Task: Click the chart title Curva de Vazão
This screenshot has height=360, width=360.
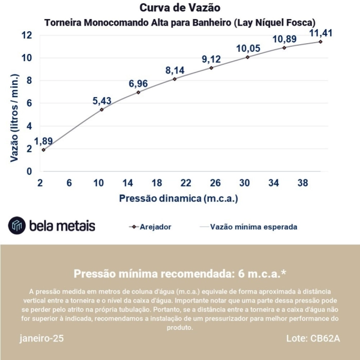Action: (179, 8)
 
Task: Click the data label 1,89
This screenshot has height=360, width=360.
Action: (43, 140)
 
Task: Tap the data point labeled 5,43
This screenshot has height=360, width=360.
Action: (102, 110)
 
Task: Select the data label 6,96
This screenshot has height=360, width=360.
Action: (138, 84)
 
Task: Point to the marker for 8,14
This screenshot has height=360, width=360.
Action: (175, 79)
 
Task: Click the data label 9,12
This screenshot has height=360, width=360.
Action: (211, 59)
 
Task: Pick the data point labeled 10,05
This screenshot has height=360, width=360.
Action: (248, 57)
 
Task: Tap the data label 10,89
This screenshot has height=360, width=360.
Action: (284, 39)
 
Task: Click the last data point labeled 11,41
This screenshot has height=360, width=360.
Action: (320, 41)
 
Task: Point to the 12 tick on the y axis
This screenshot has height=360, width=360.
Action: (27, 35)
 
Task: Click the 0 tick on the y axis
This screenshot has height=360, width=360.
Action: (29, 171)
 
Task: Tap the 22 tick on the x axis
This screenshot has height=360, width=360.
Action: (186, 183)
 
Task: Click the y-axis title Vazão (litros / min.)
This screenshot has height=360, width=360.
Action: (15, 119)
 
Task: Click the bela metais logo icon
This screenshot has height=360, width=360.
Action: (17, 225)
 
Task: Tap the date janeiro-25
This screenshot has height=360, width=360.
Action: (42, 339)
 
